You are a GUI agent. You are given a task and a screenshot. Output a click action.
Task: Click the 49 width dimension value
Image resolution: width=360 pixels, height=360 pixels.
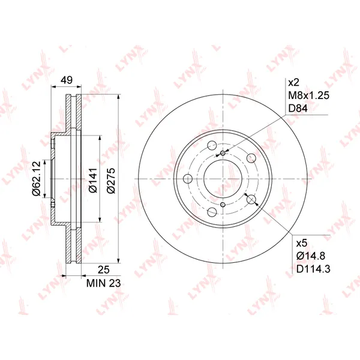[67, 80]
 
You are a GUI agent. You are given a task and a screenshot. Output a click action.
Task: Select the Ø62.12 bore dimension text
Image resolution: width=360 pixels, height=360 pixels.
[37, 178]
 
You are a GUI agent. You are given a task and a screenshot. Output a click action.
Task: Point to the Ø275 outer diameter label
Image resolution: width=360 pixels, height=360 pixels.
[112, 181]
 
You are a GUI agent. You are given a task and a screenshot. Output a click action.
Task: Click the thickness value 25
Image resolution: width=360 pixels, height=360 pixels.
[104, 270]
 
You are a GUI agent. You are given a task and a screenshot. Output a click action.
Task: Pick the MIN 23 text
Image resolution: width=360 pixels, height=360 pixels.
[103, 283]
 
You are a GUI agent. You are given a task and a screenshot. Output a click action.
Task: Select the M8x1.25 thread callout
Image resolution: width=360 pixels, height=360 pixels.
[308, 95]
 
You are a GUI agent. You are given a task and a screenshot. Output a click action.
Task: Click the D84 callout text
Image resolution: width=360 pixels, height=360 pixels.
[298, 109]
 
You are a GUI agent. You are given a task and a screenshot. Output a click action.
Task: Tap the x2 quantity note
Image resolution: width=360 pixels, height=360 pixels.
[293, 82]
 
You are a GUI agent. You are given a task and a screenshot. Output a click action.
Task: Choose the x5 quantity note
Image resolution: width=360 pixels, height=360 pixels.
[302, 244]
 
